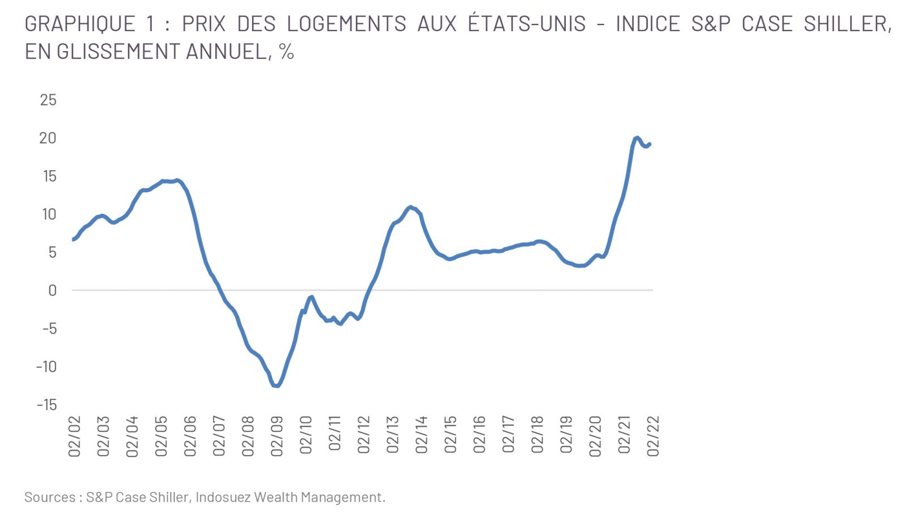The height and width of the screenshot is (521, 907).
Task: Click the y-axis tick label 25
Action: pos(48,100)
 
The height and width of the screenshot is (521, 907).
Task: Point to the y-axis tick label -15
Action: pos(46,405)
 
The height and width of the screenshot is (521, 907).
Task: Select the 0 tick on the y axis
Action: pos(53,291)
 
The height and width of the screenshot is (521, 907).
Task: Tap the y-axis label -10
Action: pos(46,367)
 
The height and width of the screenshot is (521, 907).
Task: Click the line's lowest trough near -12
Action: pos(276,386)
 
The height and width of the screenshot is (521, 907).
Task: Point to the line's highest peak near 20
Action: pos(637,138)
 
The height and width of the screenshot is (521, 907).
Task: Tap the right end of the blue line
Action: pos(650,144)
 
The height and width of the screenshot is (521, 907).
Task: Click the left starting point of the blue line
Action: pos(73,240)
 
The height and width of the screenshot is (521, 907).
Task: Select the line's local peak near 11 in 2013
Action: pos(410,207)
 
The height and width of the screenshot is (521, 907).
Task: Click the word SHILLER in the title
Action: pos(847,24)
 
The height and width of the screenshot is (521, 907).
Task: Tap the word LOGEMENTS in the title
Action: pos(346,24)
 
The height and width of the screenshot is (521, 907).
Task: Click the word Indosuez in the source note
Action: pos(223,497)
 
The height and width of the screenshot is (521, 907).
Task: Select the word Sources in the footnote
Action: pos(50,497)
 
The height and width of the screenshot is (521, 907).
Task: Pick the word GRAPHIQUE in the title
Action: pos(80,24)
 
